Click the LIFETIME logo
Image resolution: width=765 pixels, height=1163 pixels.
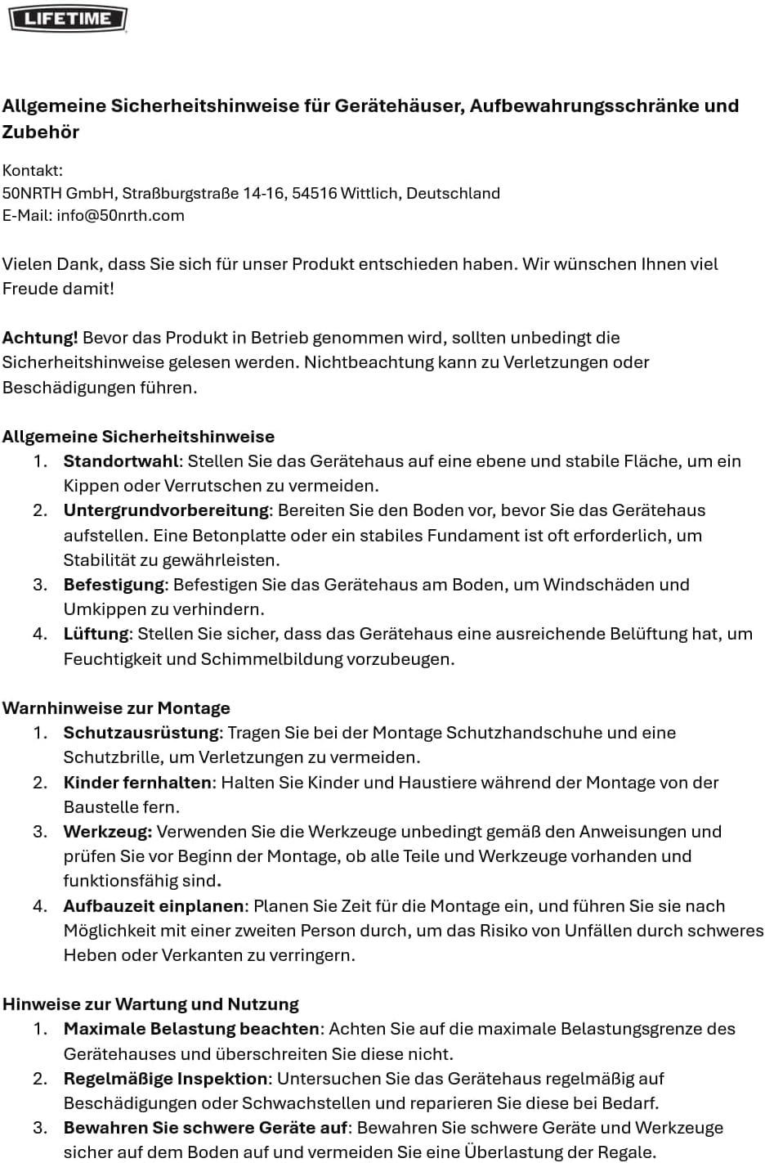68,18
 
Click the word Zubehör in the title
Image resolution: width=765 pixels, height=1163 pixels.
41,132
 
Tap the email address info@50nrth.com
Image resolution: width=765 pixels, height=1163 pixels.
120,215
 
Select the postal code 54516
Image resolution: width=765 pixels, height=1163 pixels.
315,193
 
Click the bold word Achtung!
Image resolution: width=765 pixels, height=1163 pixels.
40,338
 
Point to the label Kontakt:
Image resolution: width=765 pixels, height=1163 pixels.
33,170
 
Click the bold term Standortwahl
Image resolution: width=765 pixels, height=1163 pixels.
120,461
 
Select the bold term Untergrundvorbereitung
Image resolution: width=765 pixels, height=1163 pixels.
166,510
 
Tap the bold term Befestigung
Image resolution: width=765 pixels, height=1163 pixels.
114,585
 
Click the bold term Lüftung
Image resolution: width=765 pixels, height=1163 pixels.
96,634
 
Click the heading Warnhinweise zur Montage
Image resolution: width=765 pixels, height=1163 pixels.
116,708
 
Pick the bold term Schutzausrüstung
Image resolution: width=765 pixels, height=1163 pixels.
141,733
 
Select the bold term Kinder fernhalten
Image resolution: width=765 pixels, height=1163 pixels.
137,783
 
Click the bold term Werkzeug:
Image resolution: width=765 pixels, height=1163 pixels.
108,832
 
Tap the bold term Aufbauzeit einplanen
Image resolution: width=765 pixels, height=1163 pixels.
154,906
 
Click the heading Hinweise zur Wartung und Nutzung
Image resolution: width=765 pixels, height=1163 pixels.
150,1004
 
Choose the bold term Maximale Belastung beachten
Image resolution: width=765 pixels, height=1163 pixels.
191,1029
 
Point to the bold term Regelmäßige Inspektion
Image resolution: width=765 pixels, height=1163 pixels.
165,1079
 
